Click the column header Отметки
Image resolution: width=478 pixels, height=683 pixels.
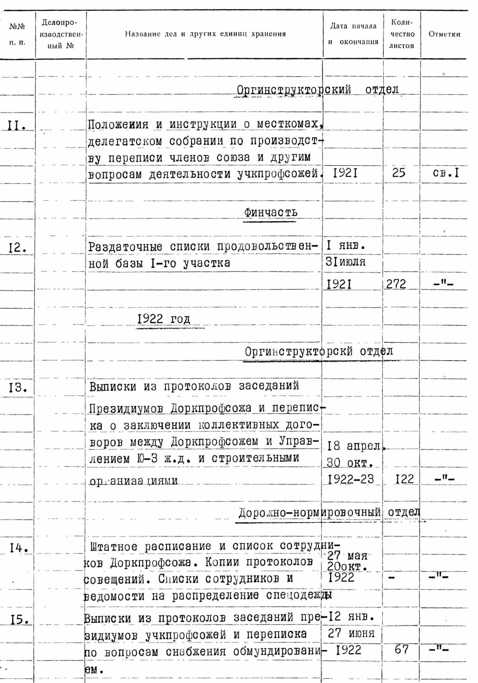(x=444, y=34)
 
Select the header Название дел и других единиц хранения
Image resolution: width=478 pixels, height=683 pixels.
(x=205, y=34)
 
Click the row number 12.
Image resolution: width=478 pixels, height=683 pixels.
(x=17, y=248)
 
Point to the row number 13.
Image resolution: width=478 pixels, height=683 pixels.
(x=18, y=387)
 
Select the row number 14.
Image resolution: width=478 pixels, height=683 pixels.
(x=19, y=549)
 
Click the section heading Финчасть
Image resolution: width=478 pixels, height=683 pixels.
(x=270, y=212)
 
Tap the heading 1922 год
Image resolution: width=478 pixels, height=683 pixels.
(x=164, y=319)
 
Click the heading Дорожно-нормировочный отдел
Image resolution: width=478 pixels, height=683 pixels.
(x=329, y=513)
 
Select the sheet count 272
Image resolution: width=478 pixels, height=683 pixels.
(x=396, y=284)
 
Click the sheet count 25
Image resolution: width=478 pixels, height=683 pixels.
(x=399, y=173)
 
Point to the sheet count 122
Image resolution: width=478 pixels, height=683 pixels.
(x=404, y=479)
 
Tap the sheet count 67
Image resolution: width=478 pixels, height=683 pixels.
(x=401, y=649)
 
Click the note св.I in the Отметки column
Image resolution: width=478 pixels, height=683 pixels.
(x=445, y=173)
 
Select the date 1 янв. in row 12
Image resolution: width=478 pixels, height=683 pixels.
(x=346, y=246)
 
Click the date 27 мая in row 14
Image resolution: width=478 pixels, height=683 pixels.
(x=347, y=556)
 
